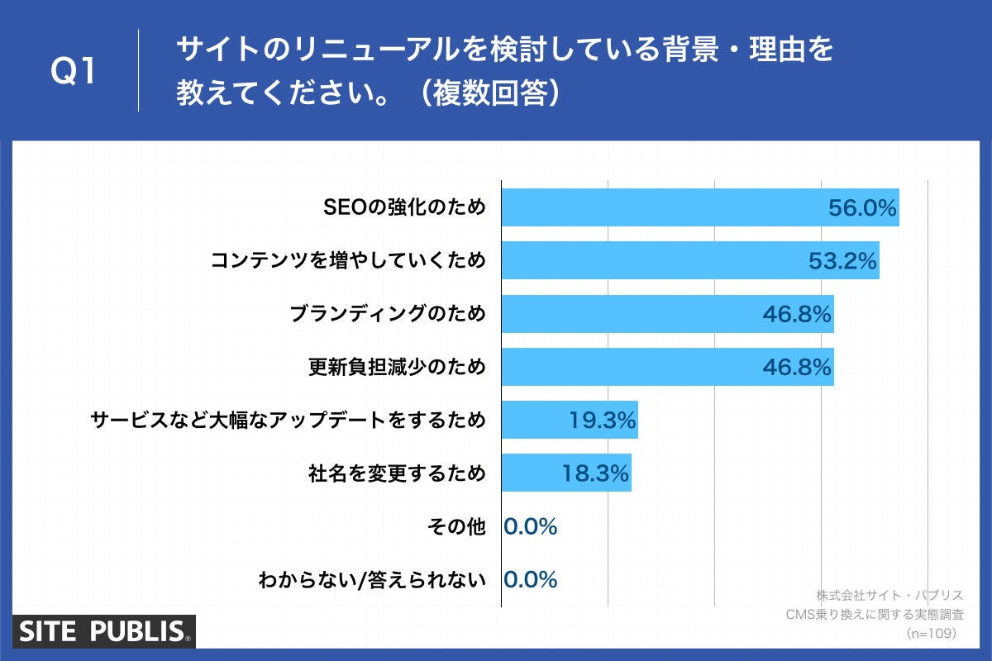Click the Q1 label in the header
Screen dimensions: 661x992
click(x=74, y=72)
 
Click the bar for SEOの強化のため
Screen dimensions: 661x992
click(x=661, y=207)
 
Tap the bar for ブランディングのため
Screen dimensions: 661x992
click(x=628, y=314)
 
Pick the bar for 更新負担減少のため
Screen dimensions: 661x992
click(x=628, y=367)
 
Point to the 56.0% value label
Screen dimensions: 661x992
click(x=862, y=208)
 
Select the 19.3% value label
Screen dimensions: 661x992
click(x=602, y=421)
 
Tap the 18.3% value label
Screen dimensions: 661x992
click(x=595, y=473)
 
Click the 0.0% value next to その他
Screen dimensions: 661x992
click(x=531, y=526)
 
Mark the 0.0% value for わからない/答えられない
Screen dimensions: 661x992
click(x=531, y=579)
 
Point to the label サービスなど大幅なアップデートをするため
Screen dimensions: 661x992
click(x=288, y=421)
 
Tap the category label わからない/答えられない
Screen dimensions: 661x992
click(x=372, y=579)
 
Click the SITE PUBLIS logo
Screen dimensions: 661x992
click(x=103, y=632)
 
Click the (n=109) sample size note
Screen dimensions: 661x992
click(x=931, y=633)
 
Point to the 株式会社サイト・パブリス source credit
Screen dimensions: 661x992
click(x=889, y=595)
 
